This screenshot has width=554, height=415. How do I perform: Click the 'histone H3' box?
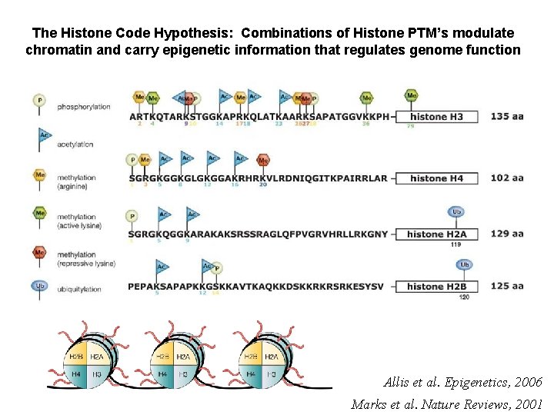pyautogui.click(x=436, y=117)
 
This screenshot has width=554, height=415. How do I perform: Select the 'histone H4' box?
pyautogui.click(x=436, y=178)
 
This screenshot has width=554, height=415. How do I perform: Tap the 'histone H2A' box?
pyautogui.click(x=436, y=234)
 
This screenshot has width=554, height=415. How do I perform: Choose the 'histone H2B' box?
pyautogui.click(x=436, y=287)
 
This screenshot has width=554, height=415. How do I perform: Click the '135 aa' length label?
pyautogui.click(x=507, y=117)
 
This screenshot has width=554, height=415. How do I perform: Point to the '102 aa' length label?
pyautogui.click(x=507, y=178)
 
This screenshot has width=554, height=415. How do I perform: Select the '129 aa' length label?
pyautogui.click(x=507, y=234)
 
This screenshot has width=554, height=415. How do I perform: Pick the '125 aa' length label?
pyautogui.click(x=507, y=287)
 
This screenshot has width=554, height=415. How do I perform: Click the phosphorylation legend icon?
pyautogui.click(x=39, y=100)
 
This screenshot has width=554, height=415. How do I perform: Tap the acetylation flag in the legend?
pyautogui.click(x=43, y=137)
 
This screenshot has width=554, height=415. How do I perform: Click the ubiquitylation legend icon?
pyautogui.click(x=39, y=286)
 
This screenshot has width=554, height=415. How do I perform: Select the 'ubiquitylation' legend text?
pyautogui.click(x=79, y=290)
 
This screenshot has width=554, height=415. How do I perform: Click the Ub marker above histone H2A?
pyautogui.click(x=456, y=212)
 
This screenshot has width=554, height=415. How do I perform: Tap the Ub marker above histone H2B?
pyautogui.click(x=465, y=264)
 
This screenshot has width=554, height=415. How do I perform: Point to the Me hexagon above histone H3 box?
pyautogui.click(x=412, y=96)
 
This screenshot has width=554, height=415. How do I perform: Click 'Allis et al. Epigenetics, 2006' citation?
pyautogui.click(x=462, y=382)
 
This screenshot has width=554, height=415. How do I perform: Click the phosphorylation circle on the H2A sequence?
pyautogui.click(x=132, y=217)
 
